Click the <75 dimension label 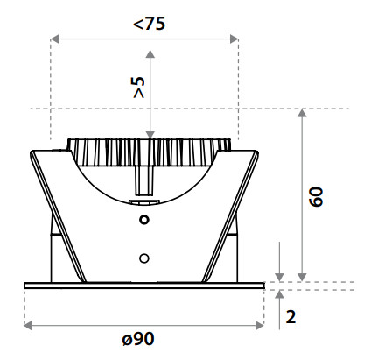coord(149,24)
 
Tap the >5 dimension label coord(139,88)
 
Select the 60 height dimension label coord(316,197)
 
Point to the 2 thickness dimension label coord(290,316)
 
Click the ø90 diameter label coord(138,339)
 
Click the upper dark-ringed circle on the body coord(144,220)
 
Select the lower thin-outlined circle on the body coord(144,258)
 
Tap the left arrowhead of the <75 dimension coord(54,39)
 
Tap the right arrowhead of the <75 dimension coord(234,39)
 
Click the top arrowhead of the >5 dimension coord(150,53)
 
